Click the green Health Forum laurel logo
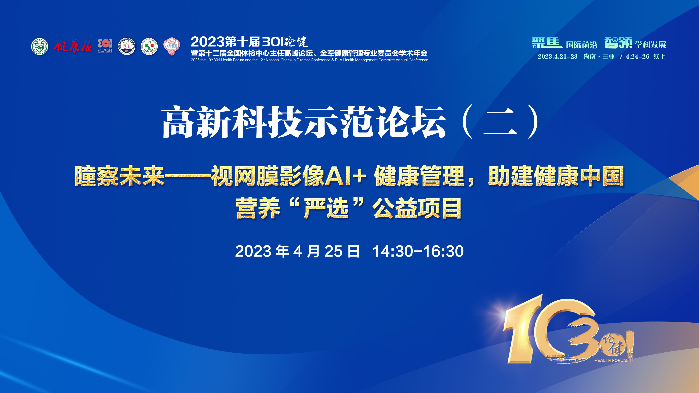pos(40,46)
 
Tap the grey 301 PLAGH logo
pos(105,46)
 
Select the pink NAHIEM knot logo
pos(171,46)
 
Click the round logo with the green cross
pos(149,46)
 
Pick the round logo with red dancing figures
pos(127,46)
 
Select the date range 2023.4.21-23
pos(558,56)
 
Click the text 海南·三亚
pos(599,56)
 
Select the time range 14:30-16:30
pos(418,251)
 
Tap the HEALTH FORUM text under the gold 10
pos(611,360)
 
